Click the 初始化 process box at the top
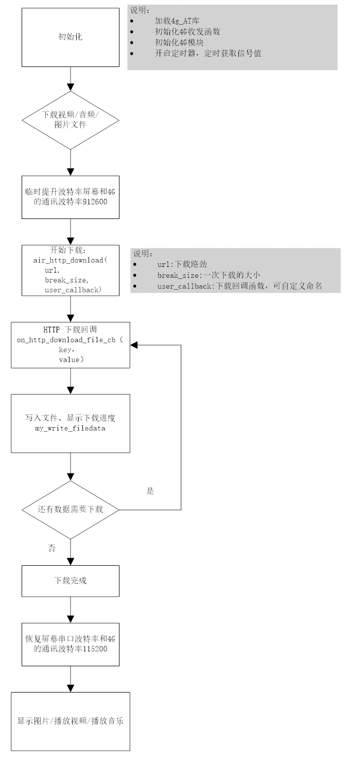tap(70, 37)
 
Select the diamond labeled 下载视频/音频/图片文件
tap(70, 121)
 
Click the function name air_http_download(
tap(70, 261)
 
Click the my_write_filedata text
tap(70, 428)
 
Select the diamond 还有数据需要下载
tap(70, 510)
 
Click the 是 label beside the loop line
tap(150, 491)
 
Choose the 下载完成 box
tap(70, 580)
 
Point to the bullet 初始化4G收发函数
tap(187, 31)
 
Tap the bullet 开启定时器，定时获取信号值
tap(208, 53)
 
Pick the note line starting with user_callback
tap(239, 286)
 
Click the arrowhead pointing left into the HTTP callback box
tap(134, 345)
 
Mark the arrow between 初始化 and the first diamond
tap(70, 80)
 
